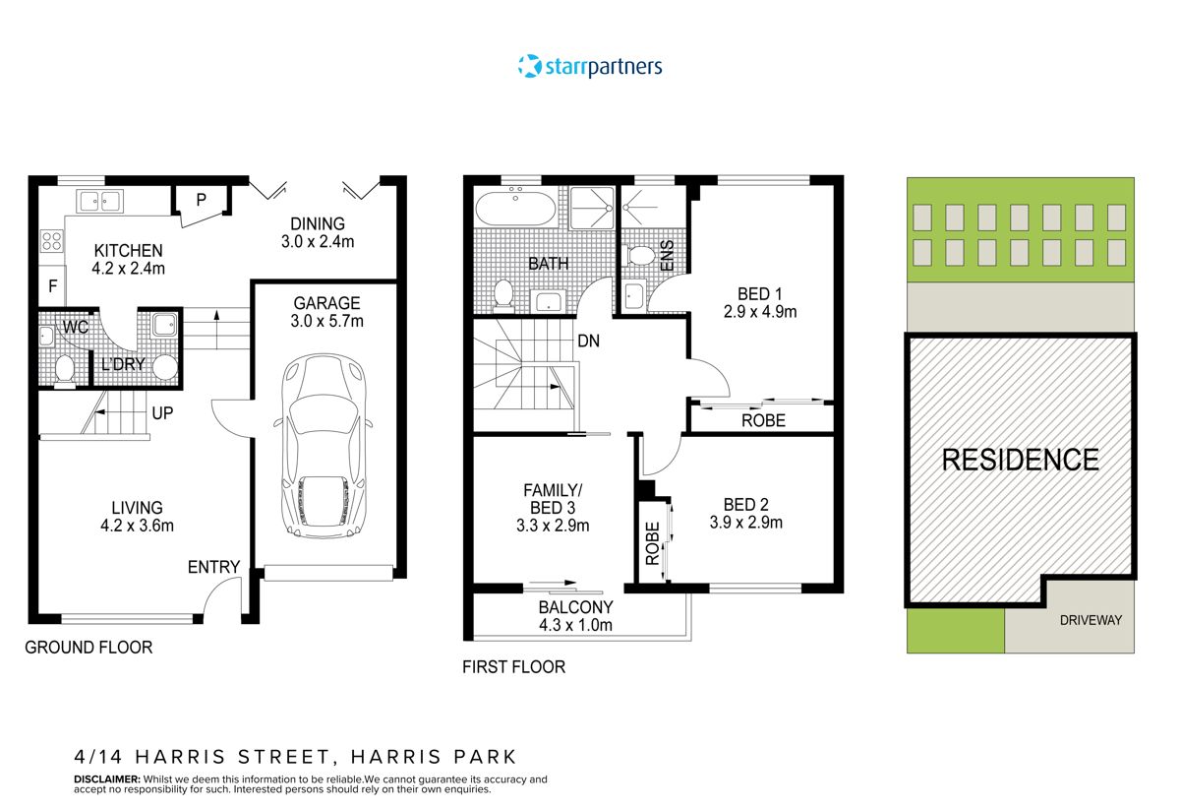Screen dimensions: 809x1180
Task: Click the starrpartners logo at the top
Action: point(590,67)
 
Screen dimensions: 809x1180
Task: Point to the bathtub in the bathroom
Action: point(517,209)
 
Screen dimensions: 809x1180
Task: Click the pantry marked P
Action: point(201,200)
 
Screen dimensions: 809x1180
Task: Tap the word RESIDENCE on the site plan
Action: point(1021,460)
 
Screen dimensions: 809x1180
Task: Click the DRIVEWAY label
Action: point(1091,620)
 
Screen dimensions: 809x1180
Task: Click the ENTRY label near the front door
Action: point(213,567)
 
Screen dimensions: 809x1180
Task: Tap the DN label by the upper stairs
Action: point(590,342)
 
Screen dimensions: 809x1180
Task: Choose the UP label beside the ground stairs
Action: point(162,413)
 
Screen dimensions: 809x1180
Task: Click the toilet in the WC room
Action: point(65,370)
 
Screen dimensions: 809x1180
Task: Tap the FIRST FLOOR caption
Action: point(513,667)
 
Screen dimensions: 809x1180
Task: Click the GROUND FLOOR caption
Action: point(88,648)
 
